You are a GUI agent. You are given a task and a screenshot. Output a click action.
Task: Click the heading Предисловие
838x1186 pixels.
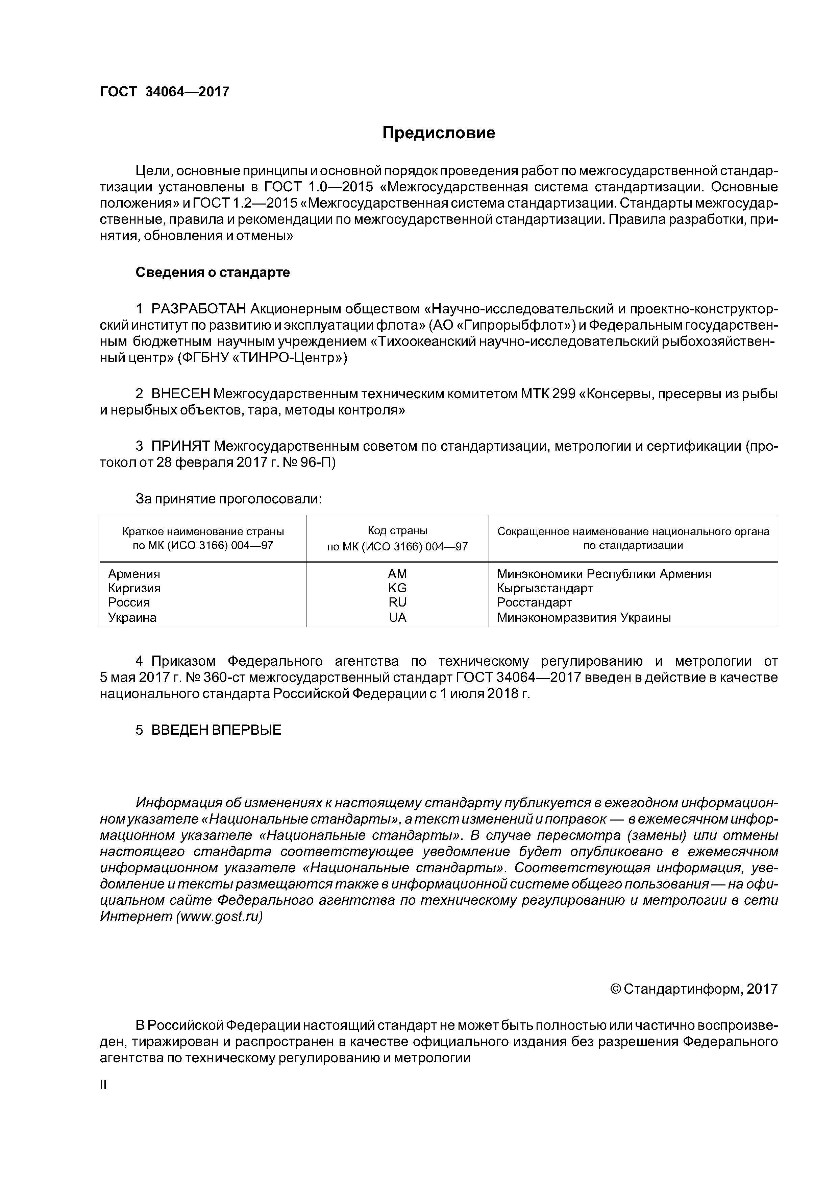(x=438, y=133)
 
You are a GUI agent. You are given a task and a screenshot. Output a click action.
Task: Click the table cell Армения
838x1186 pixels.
(x=134, y=574)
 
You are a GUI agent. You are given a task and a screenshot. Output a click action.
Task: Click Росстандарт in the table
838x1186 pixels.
(x=535, y=602)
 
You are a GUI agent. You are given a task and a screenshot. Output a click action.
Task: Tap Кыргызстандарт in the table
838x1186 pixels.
(x=545, y=588)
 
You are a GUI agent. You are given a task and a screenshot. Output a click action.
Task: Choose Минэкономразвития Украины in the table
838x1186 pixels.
(x=584, y=617)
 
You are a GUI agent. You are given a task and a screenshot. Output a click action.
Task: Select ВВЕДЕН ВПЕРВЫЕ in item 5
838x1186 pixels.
(x=216, y=730)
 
